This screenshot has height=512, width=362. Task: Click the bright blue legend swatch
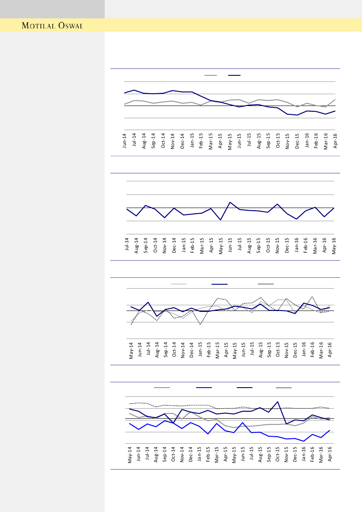(x=204, y=388)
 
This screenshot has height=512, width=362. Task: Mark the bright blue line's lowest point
(x=304, y=441)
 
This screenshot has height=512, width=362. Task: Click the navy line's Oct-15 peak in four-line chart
(x=278, y=402)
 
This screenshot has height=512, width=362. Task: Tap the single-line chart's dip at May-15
(x=221, y=219)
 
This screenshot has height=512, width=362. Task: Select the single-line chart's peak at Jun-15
(x=230, y=202)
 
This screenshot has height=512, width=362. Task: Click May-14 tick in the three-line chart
(x=131, y=350)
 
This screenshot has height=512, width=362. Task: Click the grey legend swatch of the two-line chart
(x=211, y=75)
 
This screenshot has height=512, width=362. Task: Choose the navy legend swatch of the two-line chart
(x=234, y=75)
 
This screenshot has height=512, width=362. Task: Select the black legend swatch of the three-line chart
(x=266, y=284)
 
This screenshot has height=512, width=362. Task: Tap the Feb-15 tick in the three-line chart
(x=209, y=350)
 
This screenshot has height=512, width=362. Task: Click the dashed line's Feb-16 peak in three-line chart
(x=312, y=297)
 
